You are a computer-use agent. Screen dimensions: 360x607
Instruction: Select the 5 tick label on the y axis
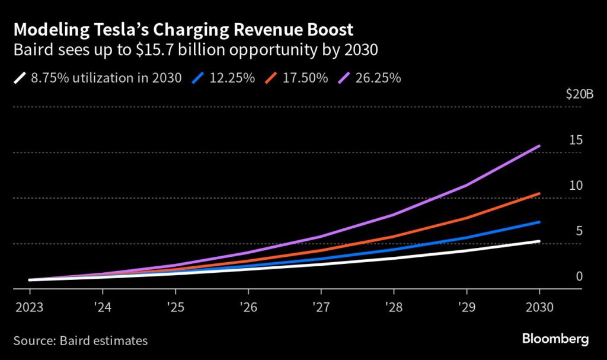[580, 231]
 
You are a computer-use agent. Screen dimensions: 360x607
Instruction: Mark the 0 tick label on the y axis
[580, 276]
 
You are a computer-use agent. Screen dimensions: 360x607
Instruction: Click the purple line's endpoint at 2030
[539, 146]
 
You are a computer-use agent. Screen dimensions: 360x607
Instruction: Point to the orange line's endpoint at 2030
[539, 193]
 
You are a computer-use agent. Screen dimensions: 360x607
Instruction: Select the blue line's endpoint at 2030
[539, 222]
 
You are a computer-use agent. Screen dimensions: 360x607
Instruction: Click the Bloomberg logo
[555, 339]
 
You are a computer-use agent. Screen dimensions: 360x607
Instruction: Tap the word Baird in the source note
[68, 340]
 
